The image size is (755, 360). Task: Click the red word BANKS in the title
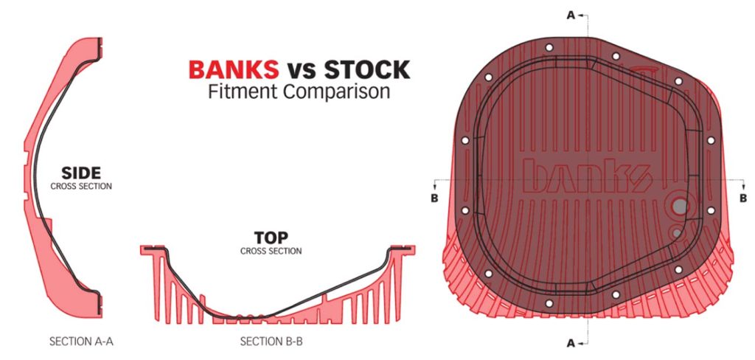[234, 70]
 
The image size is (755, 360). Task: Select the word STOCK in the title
[367, 70]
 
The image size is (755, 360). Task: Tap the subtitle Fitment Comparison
[299, 91]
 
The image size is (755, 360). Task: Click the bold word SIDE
[81, 173]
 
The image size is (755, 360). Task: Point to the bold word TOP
[271, 238]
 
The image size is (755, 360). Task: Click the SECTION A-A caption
[81, 342]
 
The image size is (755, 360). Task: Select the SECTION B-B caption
[271, 342]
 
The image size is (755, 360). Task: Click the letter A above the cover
[571, 15]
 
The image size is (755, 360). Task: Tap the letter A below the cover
[571, 343]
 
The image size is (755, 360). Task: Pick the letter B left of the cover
[434, 198]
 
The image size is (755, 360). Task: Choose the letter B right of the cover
[743, 198]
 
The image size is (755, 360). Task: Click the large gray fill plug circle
[680, 207]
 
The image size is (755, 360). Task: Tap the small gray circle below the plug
[677, 233]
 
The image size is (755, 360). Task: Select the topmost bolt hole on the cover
[549, 48]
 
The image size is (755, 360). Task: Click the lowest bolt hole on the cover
[549, 304]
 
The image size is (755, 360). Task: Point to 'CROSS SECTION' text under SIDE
[81, 186]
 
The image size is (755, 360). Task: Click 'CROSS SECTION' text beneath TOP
[271, 251]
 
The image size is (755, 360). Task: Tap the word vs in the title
[302, 71]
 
